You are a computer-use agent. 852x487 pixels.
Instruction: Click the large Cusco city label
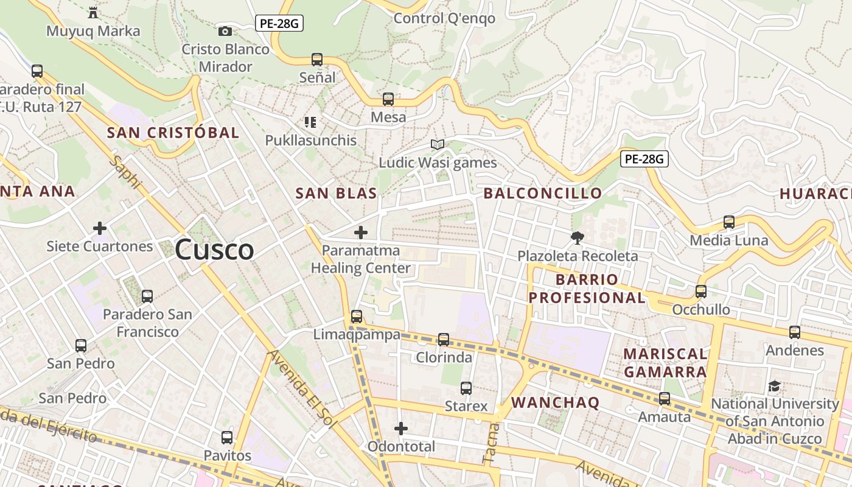(x=214, y=250)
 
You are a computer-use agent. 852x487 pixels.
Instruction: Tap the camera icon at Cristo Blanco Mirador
(x=225, y=31)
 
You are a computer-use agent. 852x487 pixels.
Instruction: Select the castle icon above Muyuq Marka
(x=93, y=12)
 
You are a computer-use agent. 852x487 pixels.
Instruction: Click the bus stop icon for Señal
(x=317, y=59)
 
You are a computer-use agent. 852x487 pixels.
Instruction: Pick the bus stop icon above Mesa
(x=388, y=99)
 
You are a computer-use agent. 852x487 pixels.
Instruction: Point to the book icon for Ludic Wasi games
(x=438, y=144)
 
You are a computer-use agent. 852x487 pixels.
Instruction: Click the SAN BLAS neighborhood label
(x=336, y=194)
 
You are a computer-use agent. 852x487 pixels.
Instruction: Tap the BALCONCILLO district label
(x=542, y=194)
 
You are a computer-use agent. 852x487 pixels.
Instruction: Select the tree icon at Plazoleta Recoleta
(x=577, y=237)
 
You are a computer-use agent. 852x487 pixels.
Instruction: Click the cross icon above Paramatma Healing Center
(x=361, y=232)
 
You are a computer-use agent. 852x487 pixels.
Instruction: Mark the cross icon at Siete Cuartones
(x=100, y=228)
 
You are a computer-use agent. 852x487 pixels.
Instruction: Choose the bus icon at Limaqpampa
(x=357, y=317)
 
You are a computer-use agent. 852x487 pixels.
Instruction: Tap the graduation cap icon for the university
(x=774, y=386)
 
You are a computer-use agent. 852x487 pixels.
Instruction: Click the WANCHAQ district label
(x=555, y=402)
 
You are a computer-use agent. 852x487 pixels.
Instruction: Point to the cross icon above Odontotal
(x=400, y=429)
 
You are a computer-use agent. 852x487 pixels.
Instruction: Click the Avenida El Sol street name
(x=302, y=389)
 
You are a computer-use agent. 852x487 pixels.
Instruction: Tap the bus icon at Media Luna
(x=729, y=222)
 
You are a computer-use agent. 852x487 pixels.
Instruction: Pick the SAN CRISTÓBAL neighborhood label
(x=173, y=133)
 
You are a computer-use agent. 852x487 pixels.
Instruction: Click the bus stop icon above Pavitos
(x=227, y=437)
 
